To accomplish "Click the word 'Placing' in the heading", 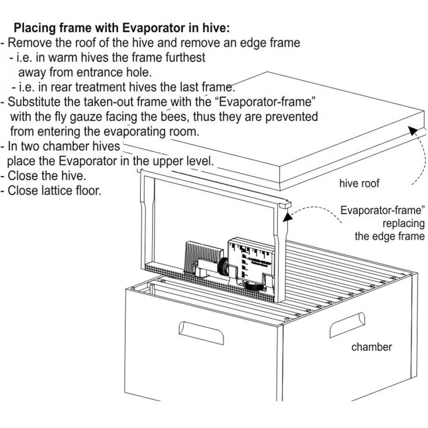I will point(34,28).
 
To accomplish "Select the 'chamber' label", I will point(372,347).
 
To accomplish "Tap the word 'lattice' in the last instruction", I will point(59,191).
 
